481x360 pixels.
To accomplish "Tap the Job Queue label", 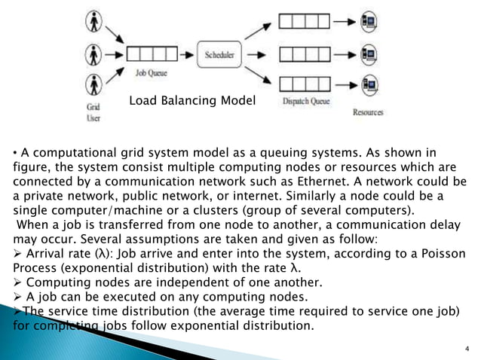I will click(150, 74).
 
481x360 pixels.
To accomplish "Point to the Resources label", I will click(367, 112).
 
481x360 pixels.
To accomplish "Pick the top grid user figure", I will click(93, 20).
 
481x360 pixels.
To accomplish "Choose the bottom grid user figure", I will click(93, 89).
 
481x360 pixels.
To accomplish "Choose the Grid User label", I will click(92, 113).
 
